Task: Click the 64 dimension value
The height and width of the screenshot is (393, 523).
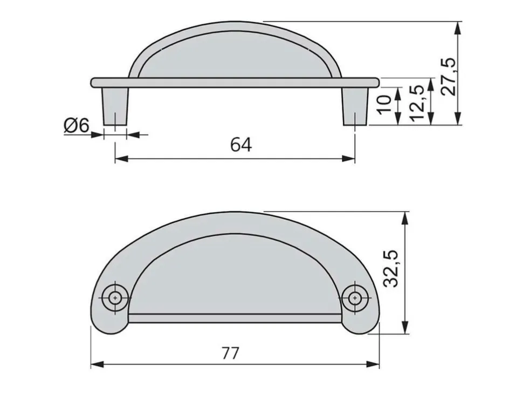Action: pyautogui.click(x=241, y=145)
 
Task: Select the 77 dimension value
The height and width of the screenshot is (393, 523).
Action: pyautogui.click(x=230, y=353)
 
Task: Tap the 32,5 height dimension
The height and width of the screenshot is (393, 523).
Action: pyautogui.click(x=391, y=268)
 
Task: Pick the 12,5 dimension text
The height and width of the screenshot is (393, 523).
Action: pyautogui.click(x=416, y=103)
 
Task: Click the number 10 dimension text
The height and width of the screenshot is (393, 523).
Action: pyautogui.click(x=385, y=105)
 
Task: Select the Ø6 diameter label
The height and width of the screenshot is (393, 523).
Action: pyautogui.click(x=77, y=126)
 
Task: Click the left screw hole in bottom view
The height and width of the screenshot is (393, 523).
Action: pyautogui.click(x=115, y=297)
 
